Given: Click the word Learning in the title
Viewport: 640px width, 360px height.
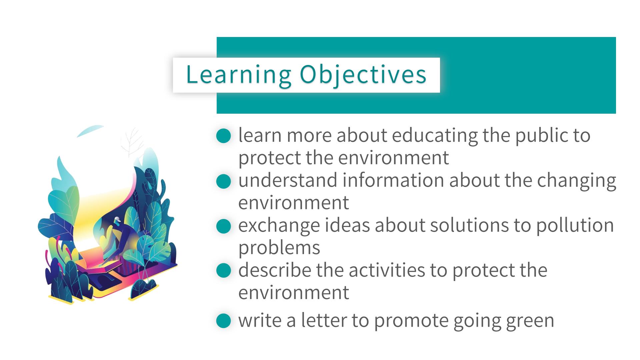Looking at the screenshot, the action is pyautogui.click(x=239, y=75).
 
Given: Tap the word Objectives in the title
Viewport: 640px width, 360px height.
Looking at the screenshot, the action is pyautogui.click(x=363, y=75).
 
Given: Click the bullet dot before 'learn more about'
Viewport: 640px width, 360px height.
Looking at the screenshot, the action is pyautogui.click(x=223, y=136).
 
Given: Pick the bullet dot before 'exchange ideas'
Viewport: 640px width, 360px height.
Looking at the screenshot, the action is pyautogui.click(x=223, y=226).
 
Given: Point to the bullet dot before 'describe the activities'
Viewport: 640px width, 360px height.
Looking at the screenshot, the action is pyautogui.click(x=223, y=271).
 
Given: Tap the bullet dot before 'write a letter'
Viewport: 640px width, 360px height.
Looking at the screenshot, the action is pyautogui.click(x=223, y=321).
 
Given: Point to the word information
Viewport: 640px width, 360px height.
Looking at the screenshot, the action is pyautogui.click(x=393, y=180).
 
